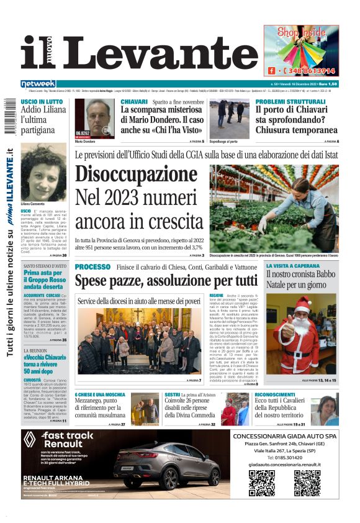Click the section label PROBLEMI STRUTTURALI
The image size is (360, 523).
pyautogui.click(x=290, y=101)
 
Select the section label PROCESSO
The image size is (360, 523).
pyautogui.click(x=92, y=266)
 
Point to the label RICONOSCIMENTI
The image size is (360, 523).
pyautogui.click(x=275, y=394)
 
